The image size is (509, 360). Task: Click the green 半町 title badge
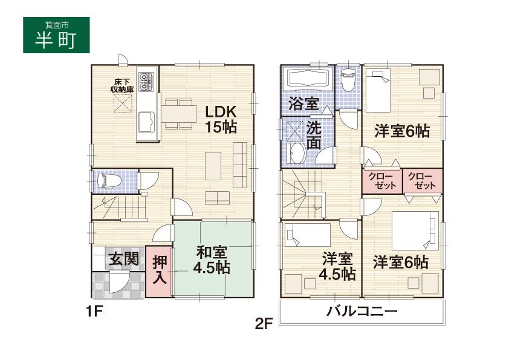(56, 36)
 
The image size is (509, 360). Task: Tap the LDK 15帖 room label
(220, 119)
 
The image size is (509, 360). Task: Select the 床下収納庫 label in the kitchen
(122, 86)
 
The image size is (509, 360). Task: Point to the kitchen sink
(147, 124)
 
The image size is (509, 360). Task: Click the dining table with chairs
(179, 113)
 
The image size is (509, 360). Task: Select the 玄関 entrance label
(123, 260)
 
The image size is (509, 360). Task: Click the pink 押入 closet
(159, 270)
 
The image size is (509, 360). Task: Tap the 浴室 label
(303, 103)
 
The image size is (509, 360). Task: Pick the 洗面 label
(314, 136)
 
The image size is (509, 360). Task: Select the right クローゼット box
(423, 181)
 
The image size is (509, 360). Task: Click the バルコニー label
(362, 312)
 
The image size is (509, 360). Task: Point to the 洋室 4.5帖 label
(337, 266)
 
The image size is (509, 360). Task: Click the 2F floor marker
(264, 324)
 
